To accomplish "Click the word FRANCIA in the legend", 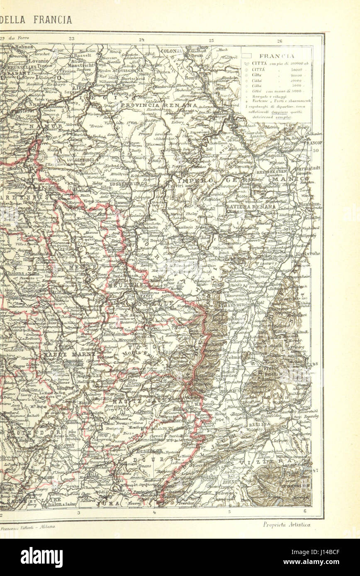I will click(277, 56).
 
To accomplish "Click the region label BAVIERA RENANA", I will click(251, 206).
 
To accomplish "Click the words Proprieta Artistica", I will click(287, 525).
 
